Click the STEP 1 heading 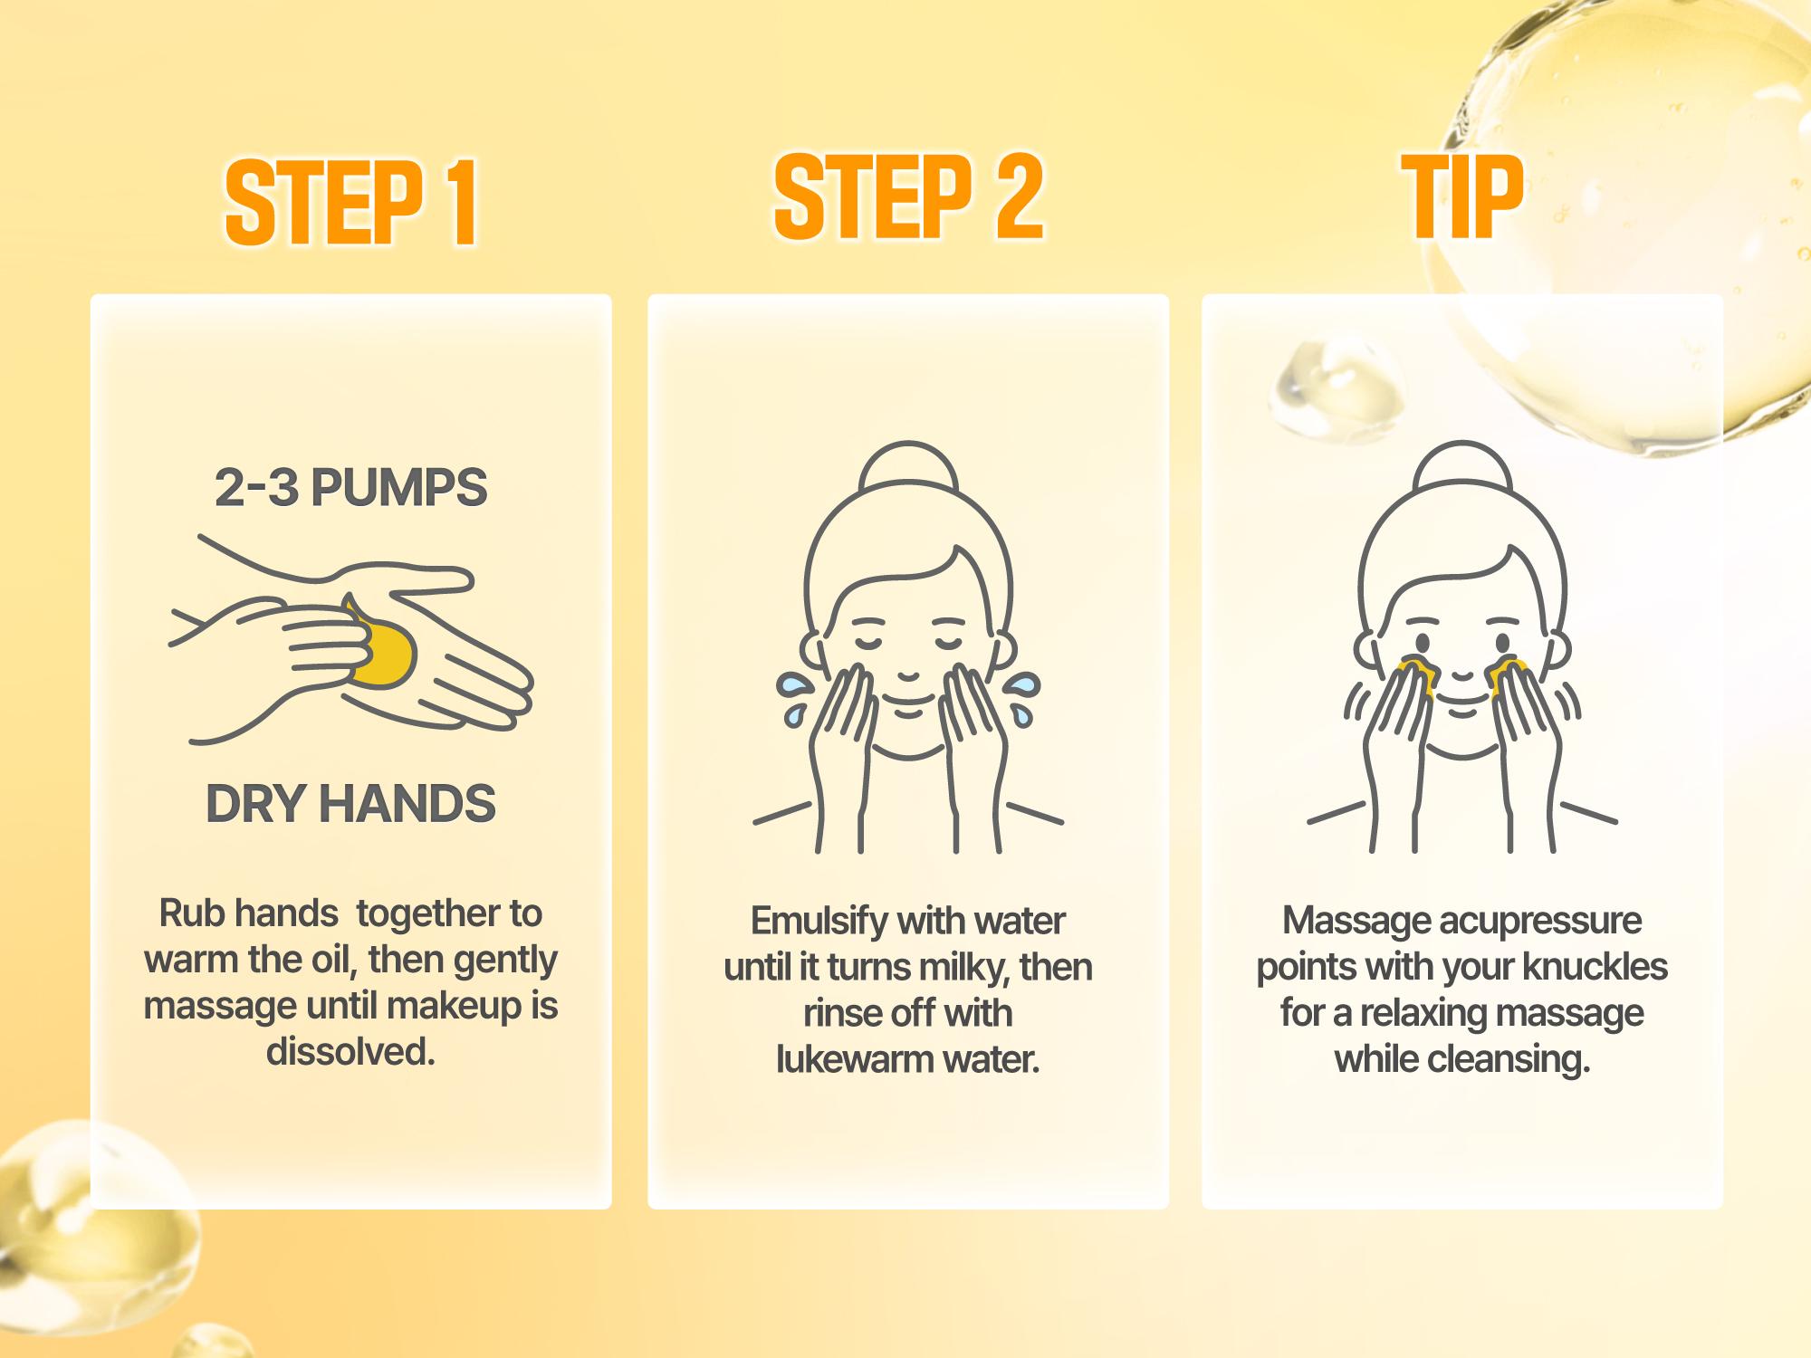point(351,203)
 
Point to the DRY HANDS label point(350,803)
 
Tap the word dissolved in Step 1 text point(350,1052)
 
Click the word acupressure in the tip point(1539,921)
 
